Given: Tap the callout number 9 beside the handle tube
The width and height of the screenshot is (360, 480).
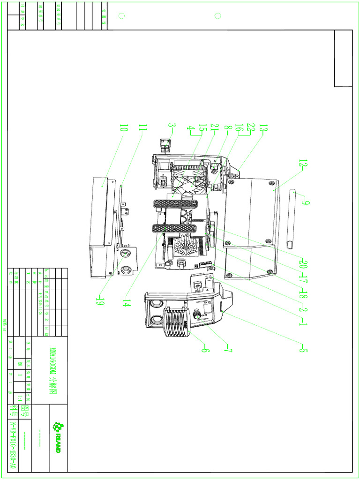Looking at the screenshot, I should tap(305, 202).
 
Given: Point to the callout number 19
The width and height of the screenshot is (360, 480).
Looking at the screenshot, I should tap(99, 301).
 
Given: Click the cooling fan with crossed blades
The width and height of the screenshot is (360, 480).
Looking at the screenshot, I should tap(189, 180).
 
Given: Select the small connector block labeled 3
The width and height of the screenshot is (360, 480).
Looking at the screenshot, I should tap(165, 145).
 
